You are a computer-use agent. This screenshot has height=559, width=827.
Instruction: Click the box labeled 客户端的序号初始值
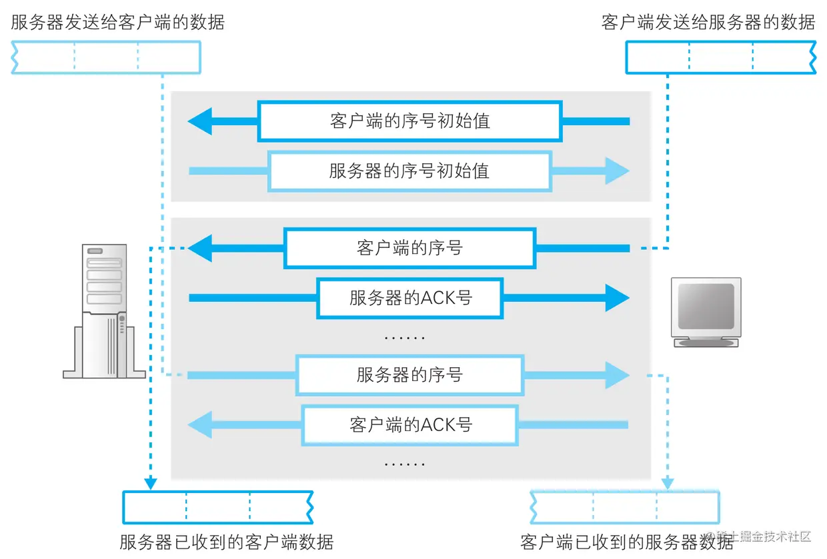pos(409,121)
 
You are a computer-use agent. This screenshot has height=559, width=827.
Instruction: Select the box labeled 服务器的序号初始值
pos(409,171)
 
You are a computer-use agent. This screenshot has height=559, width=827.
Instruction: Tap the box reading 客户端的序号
pos(409,249)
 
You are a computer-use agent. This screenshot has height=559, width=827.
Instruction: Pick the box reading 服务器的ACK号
pos(409,298)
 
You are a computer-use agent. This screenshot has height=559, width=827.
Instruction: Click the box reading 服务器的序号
pos(409,375)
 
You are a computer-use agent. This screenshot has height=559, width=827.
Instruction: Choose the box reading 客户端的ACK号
pos(409,424)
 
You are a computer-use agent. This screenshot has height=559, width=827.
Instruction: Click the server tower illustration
pos(105,310)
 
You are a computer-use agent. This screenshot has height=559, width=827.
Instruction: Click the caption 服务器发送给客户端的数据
pos(117,22)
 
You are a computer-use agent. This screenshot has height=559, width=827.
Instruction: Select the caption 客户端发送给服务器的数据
pos(708,22)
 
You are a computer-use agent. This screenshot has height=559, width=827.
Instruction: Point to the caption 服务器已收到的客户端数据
pos(226,541)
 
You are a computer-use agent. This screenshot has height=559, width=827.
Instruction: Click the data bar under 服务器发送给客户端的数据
pos(106,57)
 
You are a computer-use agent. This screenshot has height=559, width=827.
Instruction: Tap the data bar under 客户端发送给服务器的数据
pos(720,57)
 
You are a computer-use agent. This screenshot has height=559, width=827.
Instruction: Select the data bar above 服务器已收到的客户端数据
pos(217,508)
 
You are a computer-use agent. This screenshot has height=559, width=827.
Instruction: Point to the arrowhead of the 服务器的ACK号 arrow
pos(617,298)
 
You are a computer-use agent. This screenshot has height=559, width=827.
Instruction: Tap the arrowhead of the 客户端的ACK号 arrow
pos(200,424)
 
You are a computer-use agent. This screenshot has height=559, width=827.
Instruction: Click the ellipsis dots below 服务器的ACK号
pos(405,338)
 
